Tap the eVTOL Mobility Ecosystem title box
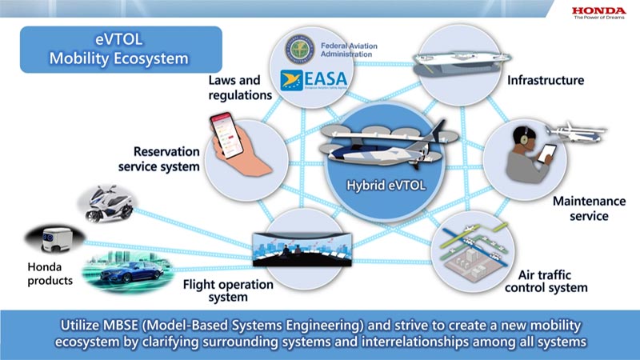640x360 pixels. [x=121, y=50]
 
